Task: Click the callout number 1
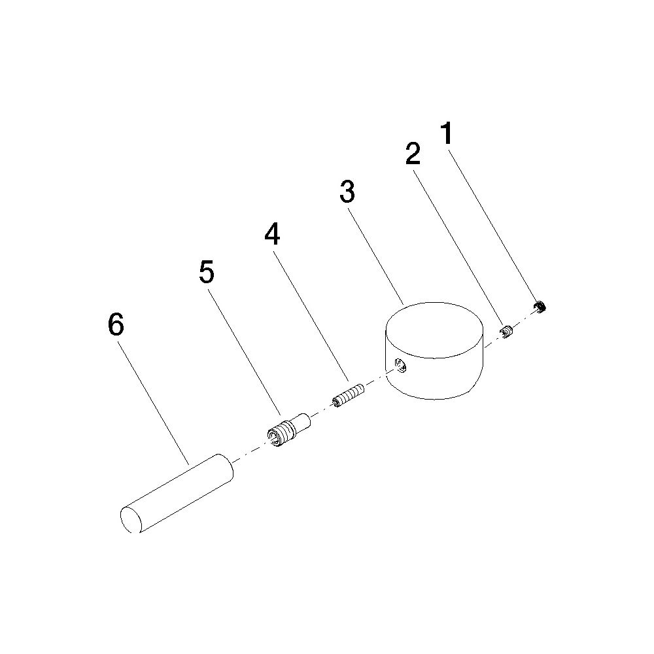(447, 133)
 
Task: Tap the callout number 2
(413, 153)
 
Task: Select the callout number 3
(347, 192)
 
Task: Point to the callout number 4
(272, 234)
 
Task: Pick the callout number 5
(207, 272)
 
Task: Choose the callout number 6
(116, 324)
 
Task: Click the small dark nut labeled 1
(540, 307)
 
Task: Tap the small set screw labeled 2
(506, 331)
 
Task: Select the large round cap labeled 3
(434, 351)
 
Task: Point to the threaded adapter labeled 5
(288, 430)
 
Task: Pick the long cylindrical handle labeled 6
(177, 493)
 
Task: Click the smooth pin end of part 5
(301, 422)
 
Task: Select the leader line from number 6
(153, 403)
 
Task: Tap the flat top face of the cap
(434, 330)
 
